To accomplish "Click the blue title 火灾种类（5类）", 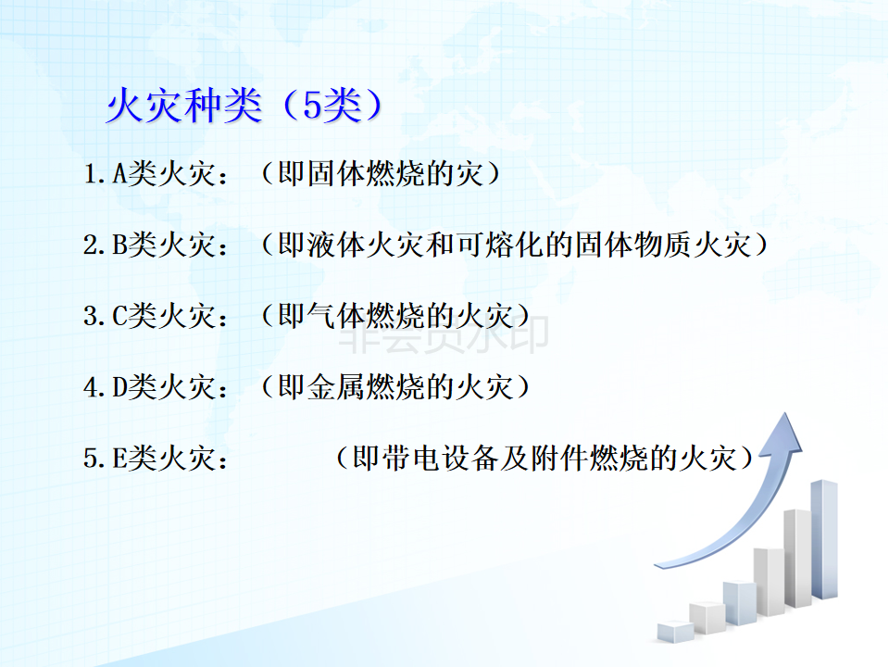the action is click(244, 106).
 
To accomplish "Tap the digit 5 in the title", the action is click(312, 106).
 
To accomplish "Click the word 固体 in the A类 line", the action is click(335, 173).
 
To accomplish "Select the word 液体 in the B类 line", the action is click(335, 245).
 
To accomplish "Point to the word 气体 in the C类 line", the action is click(335, 316).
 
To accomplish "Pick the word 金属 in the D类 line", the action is click(335, 387).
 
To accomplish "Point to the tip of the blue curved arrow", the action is click(786, 413).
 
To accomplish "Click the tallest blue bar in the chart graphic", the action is click(824, 539).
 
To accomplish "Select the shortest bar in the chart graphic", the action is click(675, 631).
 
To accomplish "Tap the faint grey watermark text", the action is click(444, 335).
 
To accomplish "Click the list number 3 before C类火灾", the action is click(91, 317).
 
